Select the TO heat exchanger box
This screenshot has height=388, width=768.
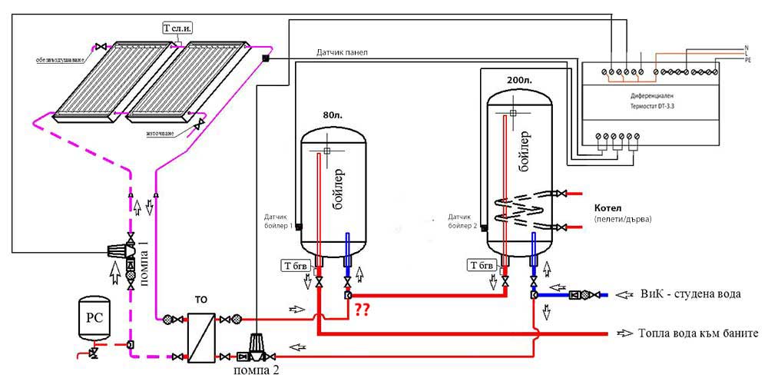pyautogui.click(x=201, y=337)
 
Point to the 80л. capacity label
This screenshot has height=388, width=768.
pyautogui.click(x=332, y=116)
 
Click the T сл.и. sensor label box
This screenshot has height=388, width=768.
pyautogui.click(x=179, y=28)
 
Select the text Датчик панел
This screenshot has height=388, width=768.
pyautogui.click(x=342, y=52)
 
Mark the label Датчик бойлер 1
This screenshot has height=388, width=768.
pyautogui.click(x=278, y=221)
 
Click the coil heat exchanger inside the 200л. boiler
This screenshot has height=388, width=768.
pyautogui.click(x=521, y=212)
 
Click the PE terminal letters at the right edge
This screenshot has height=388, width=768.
pyautogui.click(x=748, y=61)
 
